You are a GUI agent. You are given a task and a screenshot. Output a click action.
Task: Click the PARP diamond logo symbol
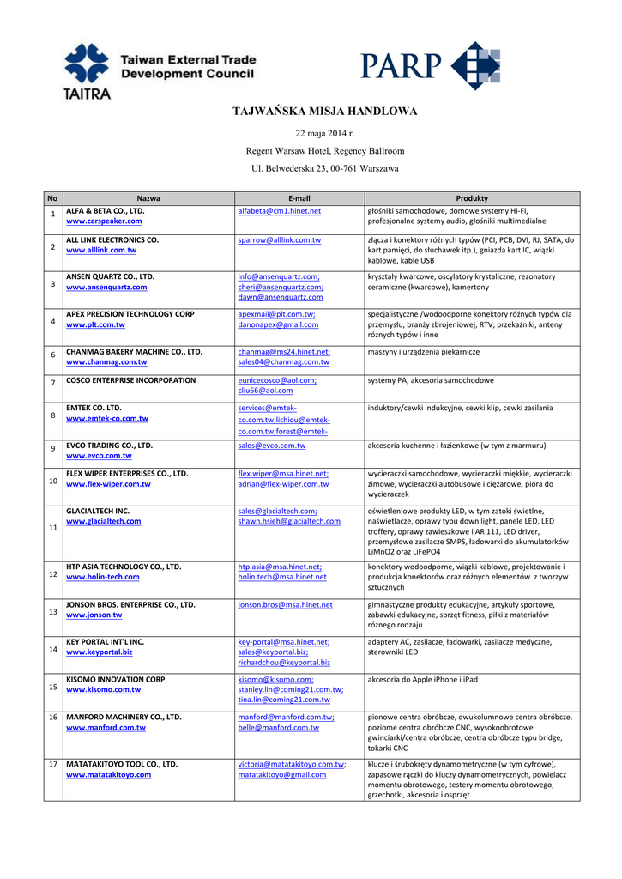[x=474, y=66]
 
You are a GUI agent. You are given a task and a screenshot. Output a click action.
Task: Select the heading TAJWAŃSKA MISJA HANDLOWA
[x=325, y=112]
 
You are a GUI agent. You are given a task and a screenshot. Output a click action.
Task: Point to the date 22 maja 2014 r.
[x=324, y=134]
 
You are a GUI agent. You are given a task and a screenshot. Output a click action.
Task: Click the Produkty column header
[x=471, y=198]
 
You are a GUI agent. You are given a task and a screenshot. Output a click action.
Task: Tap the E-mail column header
[x=299, y=198]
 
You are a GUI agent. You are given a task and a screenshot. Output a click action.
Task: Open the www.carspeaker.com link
[x=104, y=221]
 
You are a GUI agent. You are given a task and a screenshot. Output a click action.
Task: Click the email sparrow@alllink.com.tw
[x=280, y=240]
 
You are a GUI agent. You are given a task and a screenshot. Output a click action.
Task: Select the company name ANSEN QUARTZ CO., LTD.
[x=110, y=276]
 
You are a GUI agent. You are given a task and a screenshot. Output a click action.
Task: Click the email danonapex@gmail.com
[x=278, y=325]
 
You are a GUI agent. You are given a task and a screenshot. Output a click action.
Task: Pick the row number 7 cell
[x=52, y=382]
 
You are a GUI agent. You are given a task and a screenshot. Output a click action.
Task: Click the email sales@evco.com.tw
[x=272, y=446]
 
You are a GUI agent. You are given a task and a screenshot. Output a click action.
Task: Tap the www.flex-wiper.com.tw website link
[x=108, y=484]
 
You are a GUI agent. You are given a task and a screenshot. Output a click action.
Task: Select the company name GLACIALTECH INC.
[x=98, y=511]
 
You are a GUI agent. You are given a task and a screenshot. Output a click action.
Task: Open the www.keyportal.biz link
[x=99, y=652]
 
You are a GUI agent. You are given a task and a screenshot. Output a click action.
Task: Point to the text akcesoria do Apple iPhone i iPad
[x=422, y=679]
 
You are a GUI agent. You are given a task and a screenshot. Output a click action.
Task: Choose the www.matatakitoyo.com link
[x=108, y=774]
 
